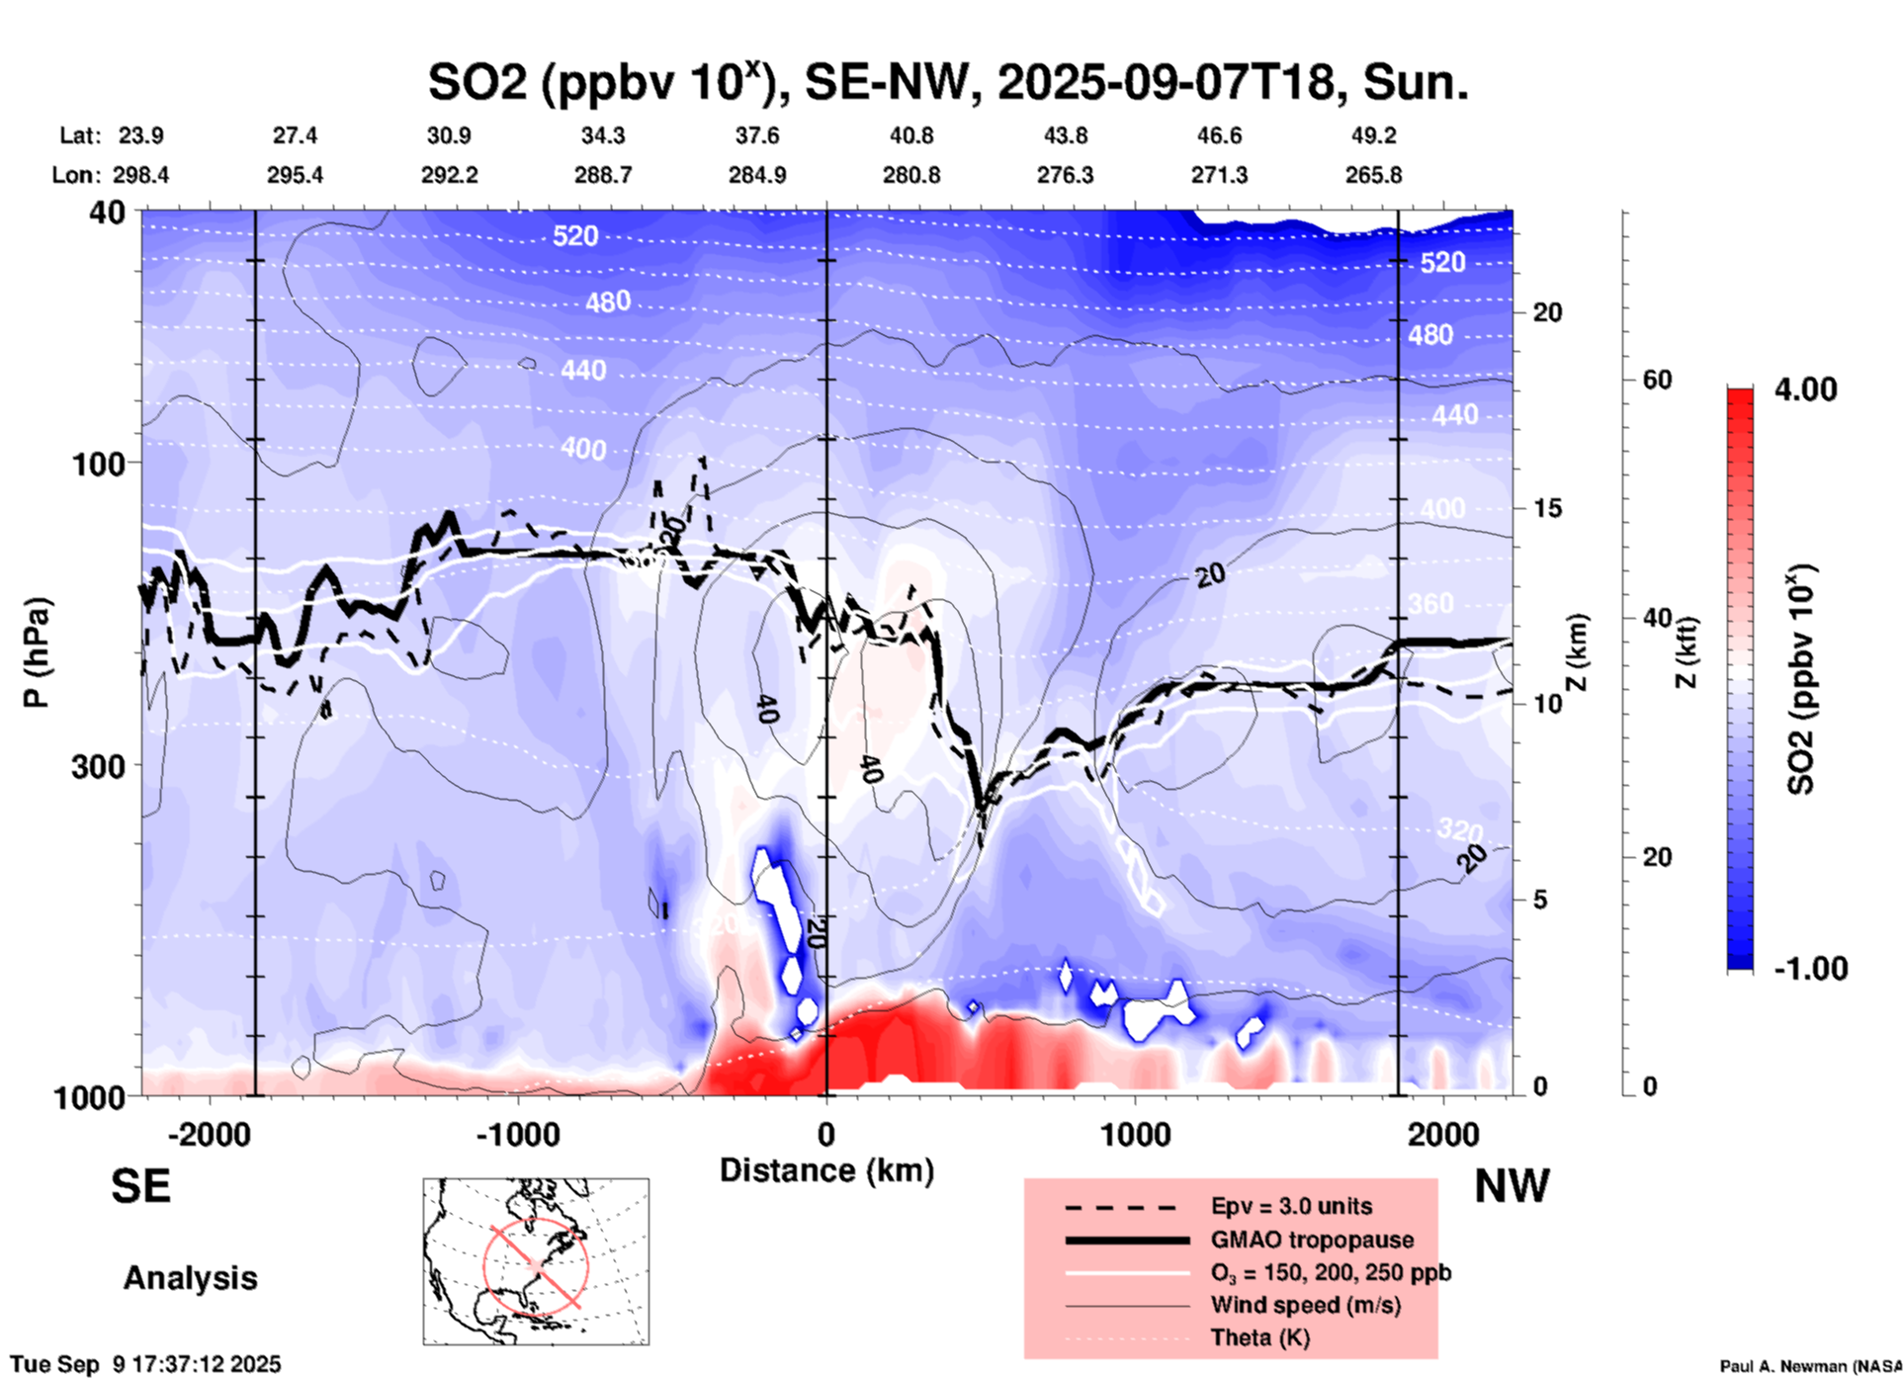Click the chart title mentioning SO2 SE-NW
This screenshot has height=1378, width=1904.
(x=947, y=82)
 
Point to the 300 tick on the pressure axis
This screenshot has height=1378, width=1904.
(x=99, y=765)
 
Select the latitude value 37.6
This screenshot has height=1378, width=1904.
(x=757, y=135)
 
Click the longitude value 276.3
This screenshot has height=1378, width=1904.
(x=1065, y=175)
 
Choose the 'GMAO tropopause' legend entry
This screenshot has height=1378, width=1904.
(x=1312, y=1240)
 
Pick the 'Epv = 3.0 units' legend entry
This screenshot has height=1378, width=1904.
(x=1291, y=1206)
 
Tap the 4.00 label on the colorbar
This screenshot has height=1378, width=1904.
(x=1805, y=389)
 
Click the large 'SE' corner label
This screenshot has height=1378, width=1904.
(x=140, y=1186)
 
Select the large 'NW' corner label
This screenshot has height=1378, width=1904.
(x=1512, y=1186)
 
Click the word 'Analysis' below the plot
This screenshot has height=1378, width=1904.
(x=190, y=1278)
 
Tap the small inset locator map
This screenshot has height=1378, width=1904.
(x=536, y=1261)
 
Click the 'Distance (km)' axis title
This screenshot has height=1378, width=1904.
(x=826, y=1170)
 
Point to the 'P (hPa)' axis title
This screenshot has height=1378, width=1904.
(x=37, y=652)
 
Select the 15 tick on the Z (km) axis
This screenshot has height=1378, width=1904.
(x=1547, y=508)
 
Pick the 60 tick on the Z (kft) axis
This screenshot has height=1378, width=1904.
(x=1657, y=380)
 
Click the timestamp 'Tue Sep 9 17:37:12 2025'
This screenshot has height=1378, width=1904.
(x=146, y=1364)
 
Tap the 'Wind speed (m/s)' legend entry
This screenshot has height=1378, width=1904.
(x=1305, y=1305)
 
